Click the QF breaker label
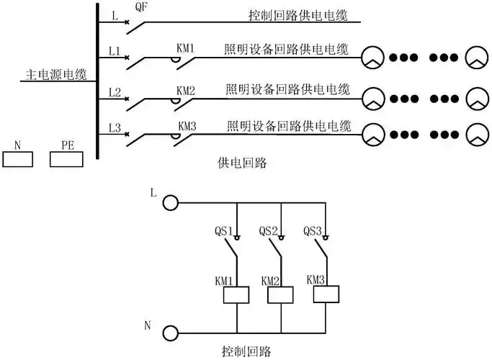tap(142, 6)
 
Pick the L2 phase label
tap(114, 92)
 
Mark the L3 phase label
tap(114, 128)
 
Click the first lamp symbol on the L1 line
tap(372, 58)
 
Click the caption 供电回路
tap(241, 163)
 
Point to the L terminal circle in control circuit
tap(170, 203)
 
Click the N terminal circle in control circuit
tap(170, 333)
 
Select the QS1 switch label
tap(223, 231)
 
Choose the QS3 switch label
tap(313, 231)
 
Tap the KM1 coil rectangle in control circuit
tap(237, 294)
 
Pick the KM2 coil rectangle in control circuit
tap(282, 294)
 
